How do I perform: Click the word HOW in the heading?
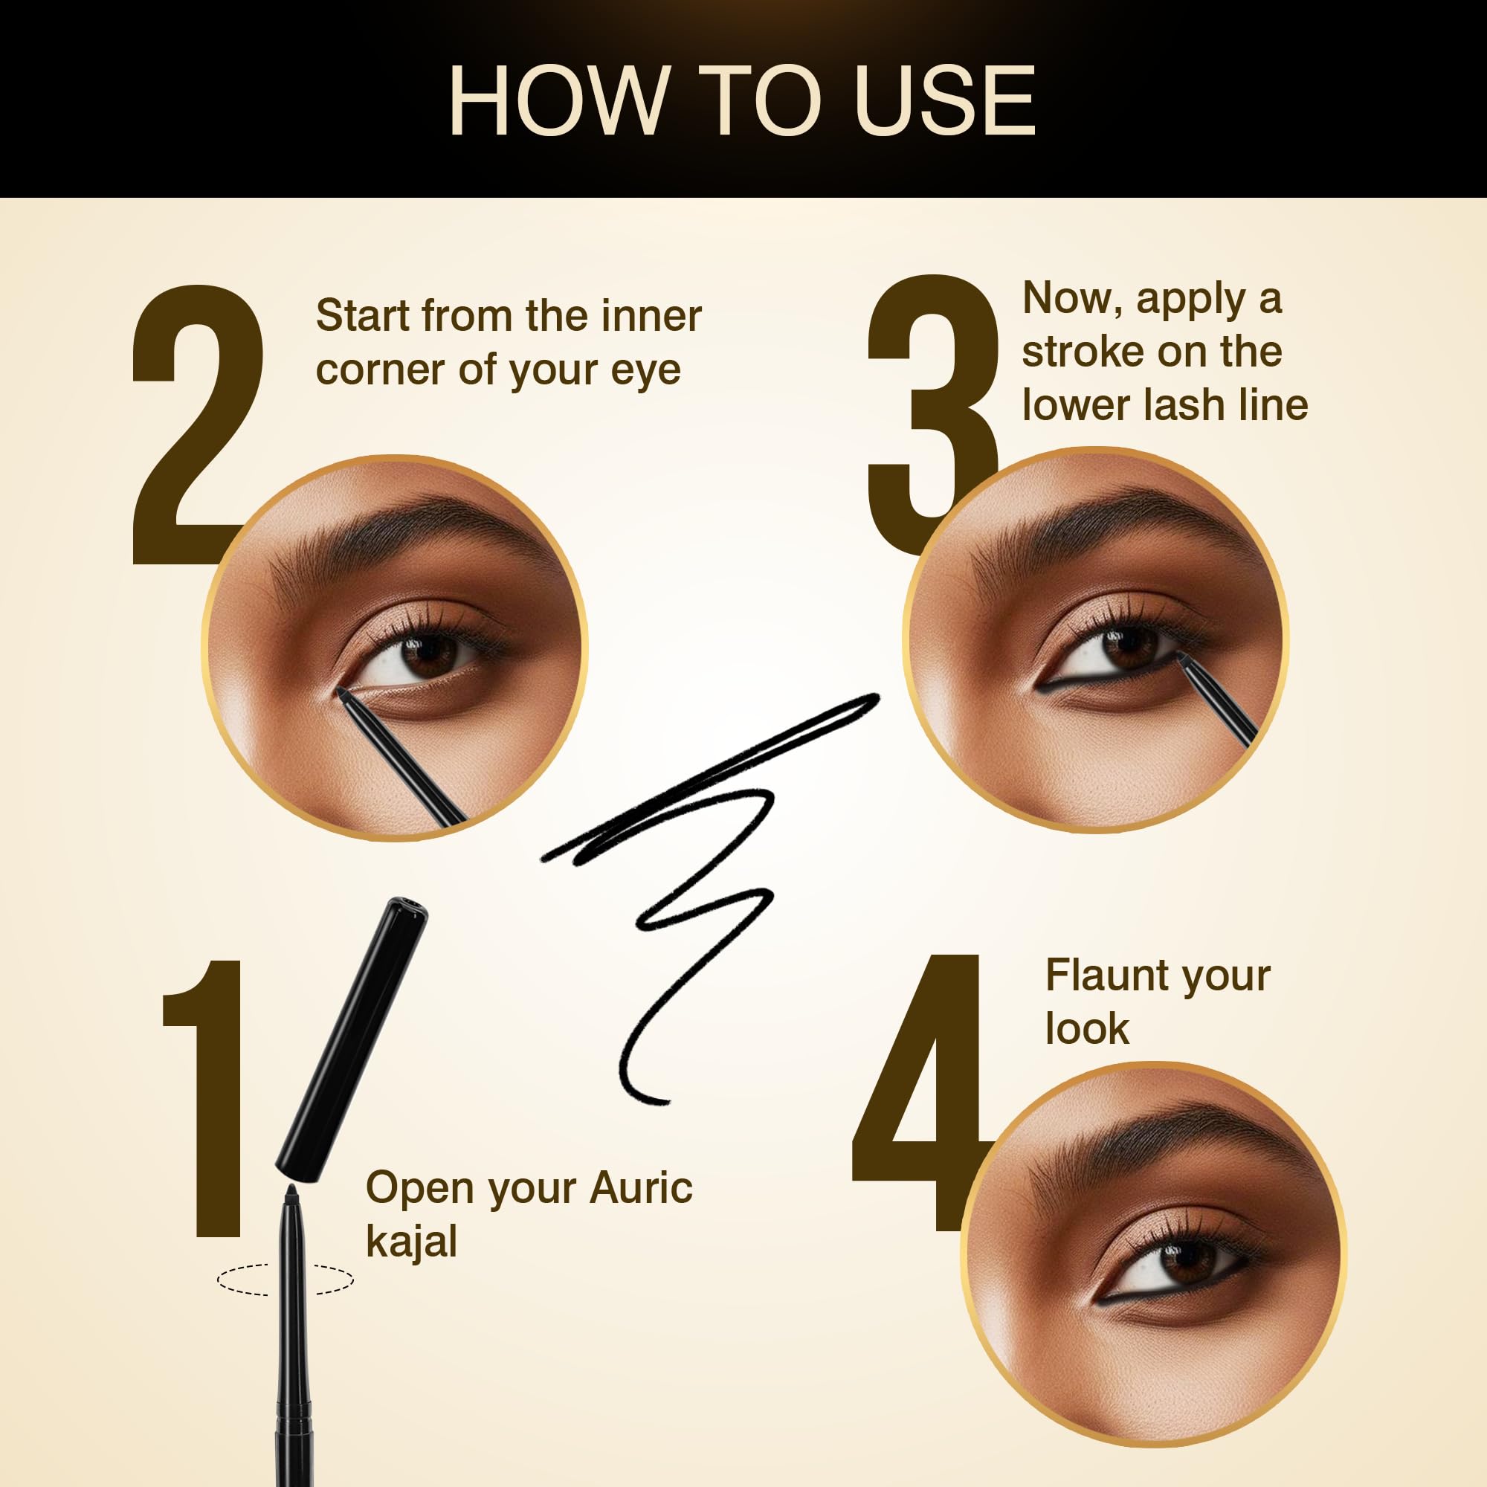coord(557,101)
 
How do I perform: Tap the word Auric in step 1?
coord(641,1187)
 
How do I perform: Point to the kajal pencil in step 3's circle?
coord(1218,703)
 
